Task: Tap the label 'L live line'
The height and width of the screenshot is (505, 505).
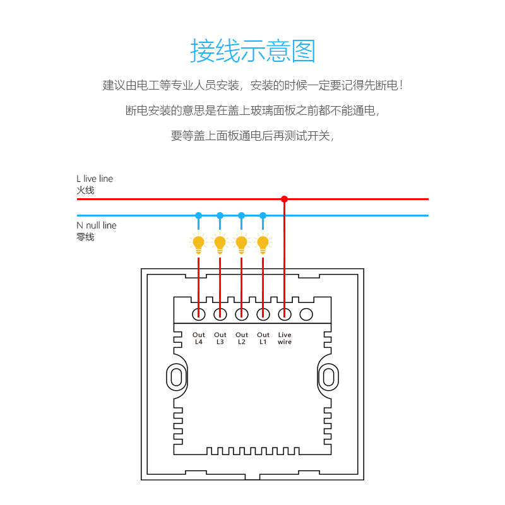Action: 95,179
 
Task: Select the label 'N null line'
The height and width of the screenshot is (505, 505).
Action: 97,225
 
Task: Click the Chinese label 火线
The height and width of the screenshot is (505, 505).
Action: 85,190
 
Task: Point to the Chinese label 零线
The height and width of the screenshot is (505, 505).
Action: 85,237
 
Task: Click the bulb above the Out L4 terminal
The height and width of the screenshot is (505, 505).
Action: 198,243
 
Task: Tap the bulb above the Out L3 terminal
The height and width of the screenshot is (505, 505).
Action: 220,243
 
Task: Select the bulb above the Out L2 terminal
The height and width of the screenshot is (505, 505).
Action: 241,243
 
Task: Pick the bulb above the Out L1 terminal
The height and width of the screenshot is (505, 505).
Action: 263,243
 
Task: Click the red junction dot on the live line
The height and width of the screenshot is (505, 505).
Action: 284,199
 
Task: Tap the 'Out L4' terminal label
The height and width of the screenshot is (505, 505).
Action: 199,338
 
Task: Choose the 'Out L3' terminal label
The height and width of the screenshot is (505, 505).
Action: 220,338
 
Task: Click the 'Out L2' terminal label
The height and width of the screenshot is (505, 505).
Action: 242,338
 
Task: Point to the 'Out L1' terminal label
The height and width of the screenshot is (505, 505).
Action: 263,338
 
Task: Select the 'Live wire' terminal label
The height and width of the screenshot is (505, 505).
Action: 285,338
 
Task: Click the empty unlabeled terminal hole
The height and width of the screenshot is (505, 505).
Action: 306,313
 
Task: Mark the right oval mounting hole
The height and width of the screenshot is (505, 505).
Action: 328,377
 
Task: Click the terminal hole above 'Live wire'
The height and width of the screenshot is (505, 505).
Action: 285,313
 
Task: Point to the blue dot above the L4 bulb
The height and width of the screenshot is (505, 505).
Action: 198,215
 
